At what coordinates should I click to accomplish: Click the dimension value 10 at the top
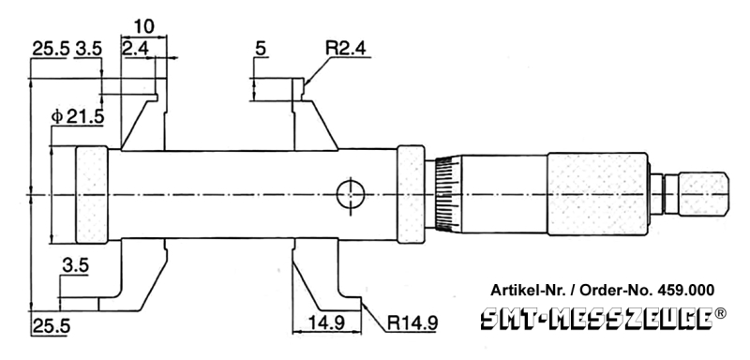(143, 25)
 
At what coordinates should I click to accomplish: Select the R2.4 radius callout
(348, 48)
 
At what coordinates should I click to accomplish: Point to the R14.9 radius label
(412, 323)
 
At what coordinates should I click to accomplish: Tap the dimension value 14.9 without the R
(326, 323)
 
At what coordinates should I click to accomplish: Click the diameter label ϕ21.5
(78, 116)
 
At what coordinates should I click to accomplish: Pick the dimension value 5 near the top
(261, 48)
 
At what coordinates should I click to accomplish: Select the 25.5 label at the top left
(51, 49)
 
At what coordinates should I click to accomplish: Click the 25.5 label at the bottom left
(52, 326)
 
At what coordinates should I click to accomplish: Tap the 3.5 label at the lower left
(76, 266)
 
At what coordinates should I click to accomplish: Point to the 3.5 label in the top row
(88, 49)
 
